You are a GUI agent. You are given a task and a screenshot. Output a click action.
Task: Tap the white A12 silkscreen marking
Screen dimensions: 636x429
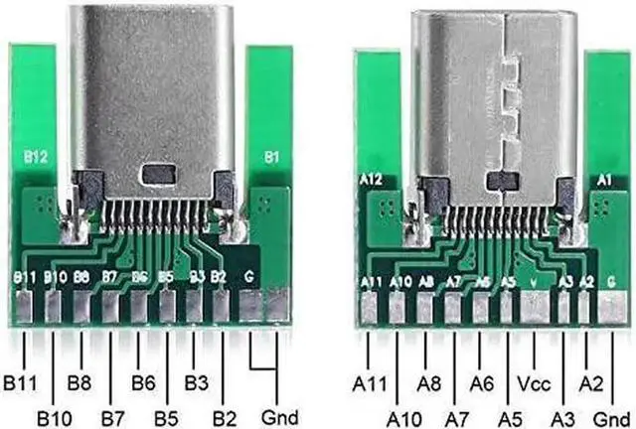pyautogui.click(x=371, y=180)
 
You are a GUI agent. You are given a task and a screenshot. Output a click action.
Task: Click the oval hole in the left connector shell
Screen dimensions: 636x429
pyautogui.click(x=157, y=175)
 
